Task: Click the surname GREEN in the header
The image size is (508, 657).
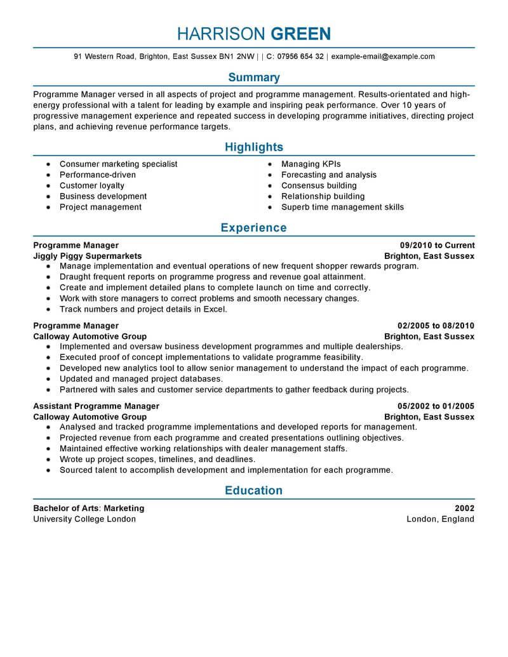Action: [301, 33]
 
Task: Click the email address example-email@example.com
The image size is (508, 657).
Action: [383, 56]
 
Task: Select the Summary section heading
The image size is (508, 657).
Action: [254, 77]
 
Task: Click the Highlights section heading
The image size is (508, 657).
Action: [254, 147]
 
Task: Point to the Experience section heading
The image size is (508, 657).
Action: [254, 227]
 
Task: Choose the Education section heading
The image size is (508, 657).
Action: [254, 490]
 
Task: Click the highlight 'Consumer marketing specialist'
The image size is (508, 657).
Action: [118, 164]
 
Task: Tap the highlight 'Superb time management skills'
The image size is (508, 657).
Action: [342, 207]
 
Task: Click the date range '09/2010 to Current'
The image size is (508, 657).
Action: [437, 245]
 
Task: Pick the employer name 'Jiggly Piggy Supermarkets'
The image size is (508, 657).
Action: [88, 256]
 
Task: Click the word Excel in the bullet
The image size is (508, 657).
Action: [215, 309]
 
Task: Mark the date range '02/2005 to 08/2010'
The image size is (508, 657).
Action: [436, 326]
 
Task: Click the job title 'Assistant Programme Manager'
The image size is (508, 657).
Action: [96, 406]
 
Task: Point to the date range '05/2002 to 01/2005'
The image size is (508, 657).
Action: [436, 406]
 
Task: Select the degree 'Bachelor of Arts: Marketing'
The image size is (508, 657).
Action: [89, 508]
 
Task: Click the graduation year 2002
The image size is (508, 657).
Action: [465, 508]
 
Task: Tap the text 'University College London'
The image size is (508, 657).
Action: [84, 519]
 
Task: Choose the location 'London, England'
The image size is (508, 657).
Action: [440, 519]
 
